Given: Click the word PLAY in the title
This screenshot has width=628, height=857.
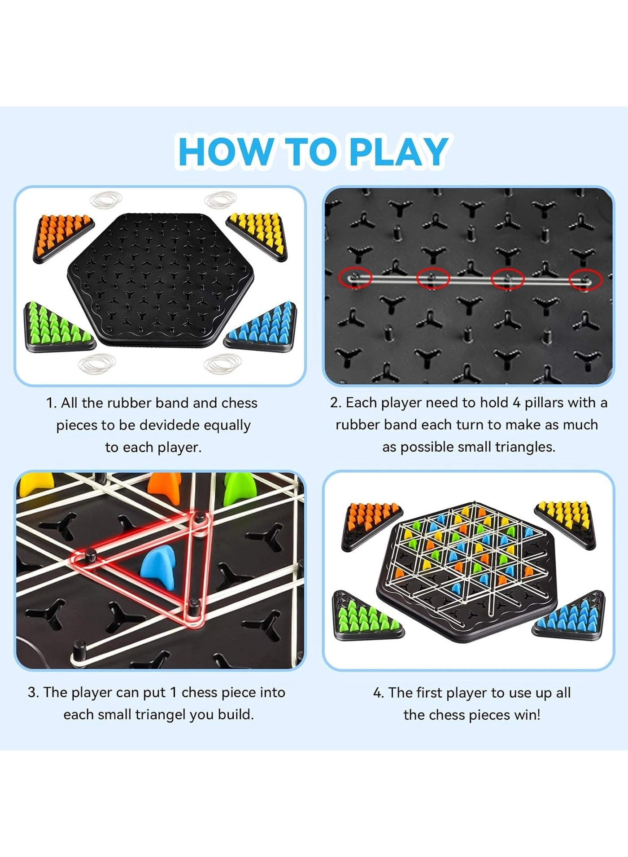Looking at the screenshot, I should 398,151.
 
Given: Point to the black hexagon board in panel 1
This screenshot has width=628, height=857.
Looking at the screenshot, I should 160,278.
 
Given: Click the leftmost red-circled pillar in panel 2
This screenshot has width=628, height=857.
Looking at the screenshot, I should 355,277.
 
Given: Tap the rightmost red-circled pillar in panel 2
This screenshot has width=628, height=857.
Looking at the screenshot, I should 584,279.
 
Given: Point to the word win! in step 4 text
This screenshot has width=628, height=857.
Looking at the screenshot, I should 527,714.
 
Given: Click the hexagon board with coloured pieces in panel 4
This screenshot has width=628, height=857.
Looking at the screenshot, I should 467,570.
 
